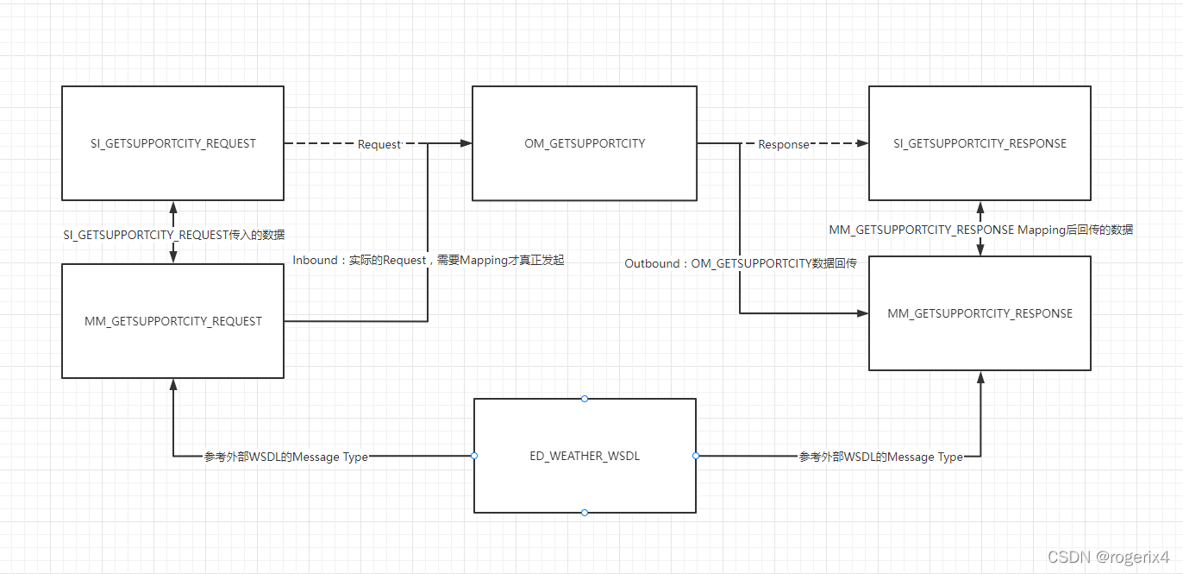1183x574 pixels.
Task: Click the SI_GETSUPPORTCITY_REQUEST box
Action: (x=172, y=143)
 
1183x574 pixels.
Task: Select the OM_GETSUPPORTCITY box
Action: (x=585, y=143)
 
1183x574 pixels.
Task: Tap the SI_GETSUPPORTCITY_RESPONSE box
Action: (x=980, y=143)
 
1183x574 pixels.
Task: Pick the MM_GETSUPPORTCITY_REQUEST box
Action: (x=172, y=321)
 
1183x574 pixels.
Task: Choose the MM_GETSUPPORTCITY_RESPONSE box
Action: (x=980, y=313)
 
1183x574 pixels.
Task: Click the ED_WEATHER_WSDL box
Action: (x=585, y=456)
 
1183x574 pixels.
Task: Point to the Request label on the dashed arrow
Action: (x=379, y=144)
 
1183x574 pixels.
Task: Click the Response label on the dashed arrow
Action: (x=783, y=144)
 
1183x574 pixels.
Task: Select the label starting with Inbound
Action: (x=428, y=260)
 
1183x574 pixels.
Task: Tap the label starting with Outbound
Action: (x=740, y=263)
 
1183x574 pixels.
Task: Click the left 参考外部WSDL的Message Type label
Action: (x=286, y=457)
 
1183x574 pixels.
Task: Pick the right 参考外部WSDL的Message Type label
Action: (x=881, y=457)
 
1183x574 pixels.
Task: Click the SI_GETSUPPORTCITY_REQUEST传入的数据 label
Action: (x=173, y=234)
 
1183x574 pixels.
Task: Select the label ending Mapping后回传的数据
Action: (x=980, y=230)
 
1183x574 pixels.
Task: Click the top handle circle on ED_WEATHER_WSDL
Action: (x=585, y=399)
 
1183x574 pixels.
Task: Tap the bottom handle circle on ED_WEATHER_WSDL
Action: (x=585, y=513)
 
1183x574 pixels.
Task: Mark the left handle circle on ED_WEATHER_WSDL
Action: (x=474, y=456)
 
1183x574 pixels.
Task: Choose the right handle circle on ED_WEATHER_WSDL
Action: (x=696, y=456)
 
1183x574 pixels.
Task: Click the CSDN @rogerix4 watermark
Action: (x=1108, y=557)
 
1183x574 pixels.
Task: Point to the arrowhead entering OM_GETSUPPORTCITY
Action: (x=466, y=143)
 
